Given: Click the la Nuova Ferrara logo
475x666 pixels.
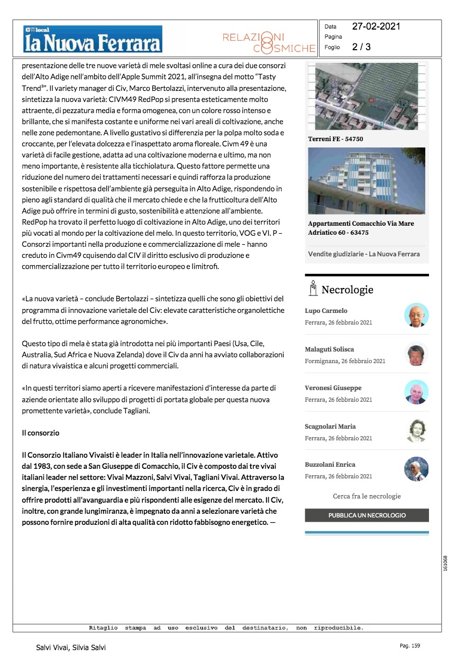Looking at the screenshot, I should coord(92,39).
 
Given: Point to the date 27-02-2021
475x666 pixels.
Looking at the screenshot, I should coord(376,26).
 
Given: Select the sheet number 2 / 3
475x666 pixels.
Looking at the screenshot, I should coord(361,47).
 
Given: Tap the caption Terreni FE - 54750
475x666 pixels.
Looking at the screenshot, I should coord(335,139).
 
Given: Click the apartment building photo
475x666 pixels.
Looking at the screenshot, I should coord(366,181).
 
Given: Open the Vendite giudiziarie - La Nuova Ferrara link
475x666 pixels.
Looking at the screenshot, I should coord(364,254).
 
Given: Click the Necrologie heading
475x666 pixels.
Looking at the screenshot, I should coord(347,290).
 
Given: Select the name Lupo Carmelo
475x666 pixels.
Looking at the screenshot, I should coord(326,311).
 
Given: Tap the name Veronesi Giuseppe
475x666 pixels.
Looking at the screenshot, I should coord(333,388).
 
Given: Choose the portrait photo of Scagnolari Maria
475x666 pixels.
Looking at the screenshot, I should coord(416,430).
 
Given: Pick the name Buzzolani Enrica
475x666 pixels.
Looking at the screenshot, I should coord(330,465).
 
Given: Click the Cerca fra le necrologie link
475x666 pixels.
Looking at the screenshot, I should coord(367,496).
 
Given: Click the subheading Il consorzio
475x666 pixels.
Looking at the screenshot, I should coord(40,433).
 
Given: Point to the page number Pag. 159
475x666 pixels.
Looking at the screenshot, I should coord(410,646).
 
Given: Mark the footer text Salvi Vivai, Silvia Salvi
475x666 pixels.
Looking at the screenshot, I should coord(71,647).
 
